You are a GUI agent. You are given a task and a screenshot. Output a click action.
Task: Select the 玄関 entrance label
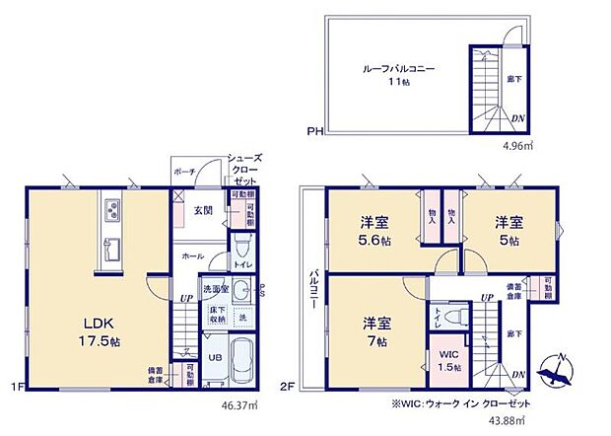(204, 210)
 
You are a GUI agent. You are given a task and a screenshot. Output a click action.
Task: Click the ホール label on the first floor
(192, 255)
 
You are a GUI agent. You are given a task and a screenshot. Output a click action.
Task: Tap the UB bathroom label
(215, 356)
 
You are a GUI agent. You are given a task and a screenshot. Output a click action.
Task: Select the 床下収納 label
(216, 316)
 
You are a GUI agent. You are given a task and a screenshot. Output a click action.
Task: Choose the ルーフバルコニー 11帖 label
(398, 77)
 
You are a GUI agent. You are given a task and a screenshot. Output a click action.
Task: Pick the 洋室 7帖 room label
(375, 329)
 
